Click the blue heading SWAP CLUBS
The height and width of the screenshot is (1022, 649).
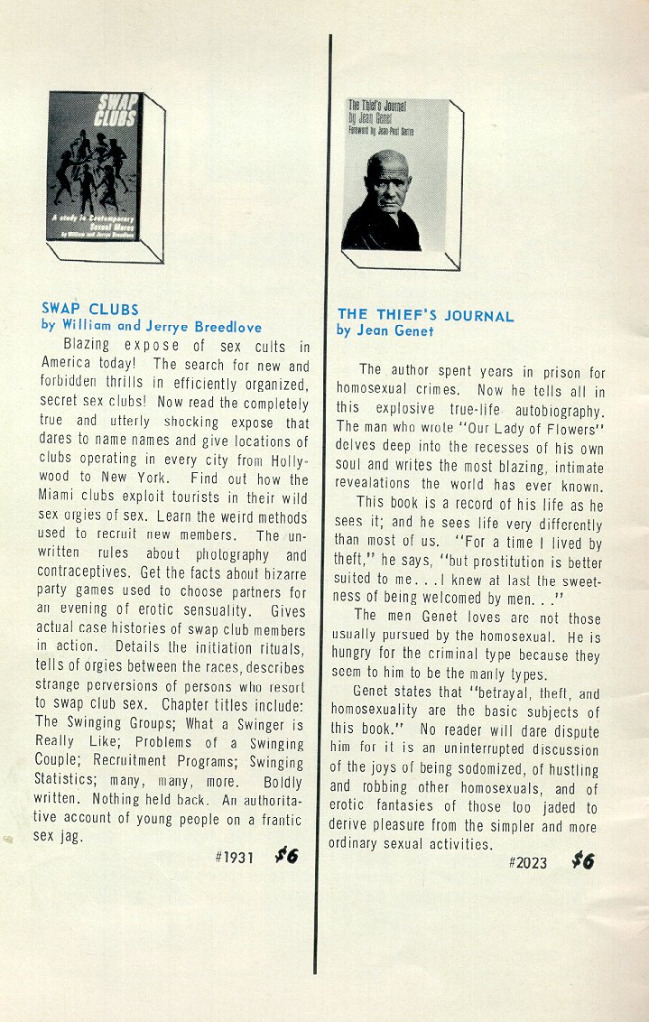90,310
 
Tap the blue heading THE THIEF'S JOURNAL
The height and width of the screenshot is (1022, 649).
425,316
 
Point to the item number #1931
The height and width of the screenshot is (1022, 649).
234,857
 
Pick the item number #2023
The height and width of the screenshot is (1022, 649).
528,862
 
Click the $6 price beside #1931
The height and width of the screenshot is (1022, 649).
286,856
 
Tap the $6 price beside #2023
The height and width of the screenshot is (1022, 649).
582,860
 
